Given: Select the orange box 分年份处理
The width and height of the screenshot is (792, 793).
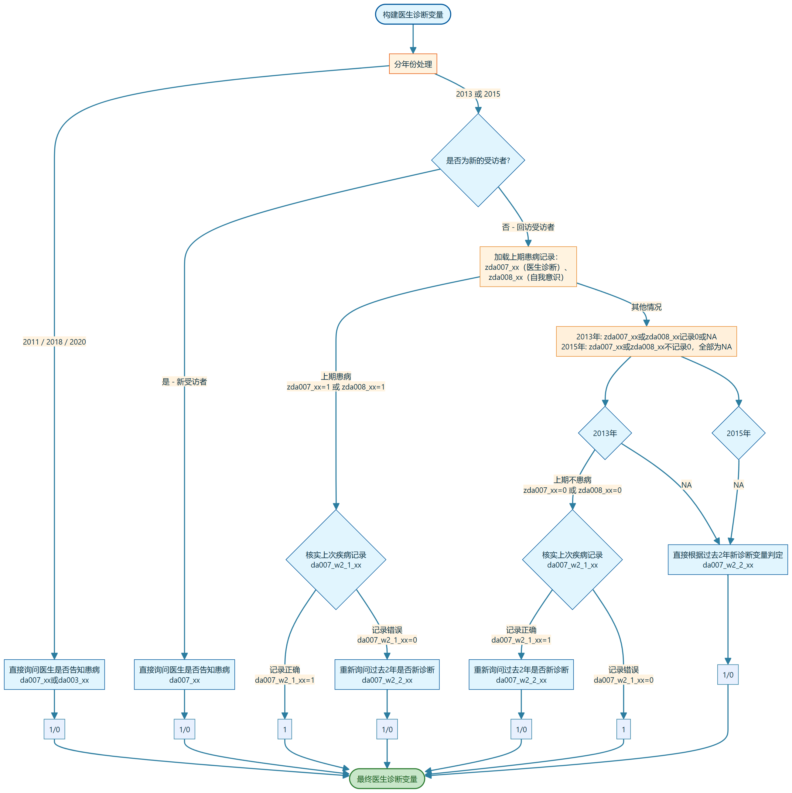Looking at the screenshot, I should tap(413, 64).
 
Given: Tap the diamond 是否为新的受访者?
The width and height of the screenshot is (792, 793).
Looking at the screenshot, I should tap(478, 160).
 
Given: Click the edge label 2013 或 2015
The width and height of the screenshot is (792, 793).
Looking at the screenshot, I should tap(478, 94).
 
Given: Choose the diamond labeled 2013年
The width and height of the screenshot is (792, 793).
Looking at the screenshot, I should tap(605, 433).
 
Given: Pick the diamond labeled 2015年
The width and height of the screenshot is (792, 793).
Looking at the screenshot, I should tap(738, 433).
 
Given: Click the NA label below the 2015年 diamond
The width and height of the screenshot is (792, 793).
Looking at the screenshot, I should tap(738, 485).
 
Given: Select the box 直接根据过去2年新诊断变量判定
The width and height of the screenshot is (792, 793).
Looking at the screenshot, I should tap(728, 559).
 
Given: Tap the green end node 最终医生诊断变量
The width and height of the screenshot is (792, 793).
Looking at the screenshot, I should tap(387, 779).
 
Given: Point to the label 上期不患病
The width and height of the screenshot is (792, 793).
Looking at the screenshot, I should tap(572, 480).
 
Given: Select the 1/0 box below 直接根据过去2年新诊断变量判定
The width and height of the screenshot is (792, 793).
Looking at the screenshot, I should tap(728, 675).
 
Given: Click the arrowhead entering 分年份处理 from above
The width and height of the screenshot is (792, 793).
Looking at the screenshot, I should tap(413, 50).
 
